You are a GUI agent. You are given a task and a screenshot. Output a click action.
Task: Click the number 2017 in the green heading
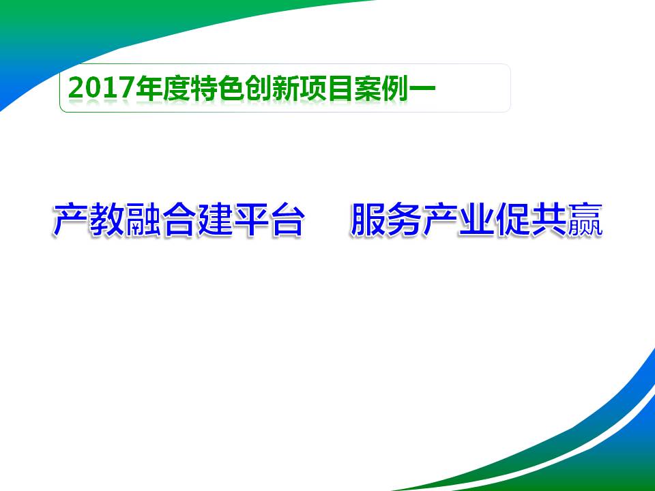(x=102, y=88)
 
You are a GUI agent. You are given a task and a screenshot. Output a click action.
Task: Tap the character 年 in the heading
(x=149, y=88)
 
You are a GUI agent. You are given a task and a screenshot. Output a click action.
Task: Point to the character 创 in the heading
(x=259, y=88)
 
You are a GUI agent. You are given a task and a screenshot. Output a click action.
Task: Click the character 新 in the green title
(x=286, y=88)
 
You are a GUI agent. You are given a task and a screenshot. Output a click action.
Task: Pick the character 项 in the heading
(x=313, y=88)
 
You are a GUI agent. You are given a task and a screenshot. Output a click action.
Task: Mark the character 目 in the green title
(x=340, y=88)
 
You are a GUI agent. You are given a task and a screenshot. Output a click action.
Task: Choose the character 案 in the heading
(x=368, y=88)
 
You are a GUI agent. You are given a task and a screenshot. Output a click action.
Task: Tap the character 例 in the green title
(x=395, y=88)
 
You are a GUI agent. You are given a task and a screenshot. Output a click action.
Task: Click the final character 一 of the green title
(x=422, y=88)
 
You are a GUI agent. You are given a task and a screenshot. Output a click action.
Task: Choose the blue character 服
(x=368, y=220)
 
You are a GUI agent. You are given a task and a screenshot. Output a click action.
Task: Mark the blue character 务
(x=403, y=220)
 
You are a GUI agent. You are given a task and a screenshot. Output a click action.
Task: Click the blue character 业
(x=476, y=220)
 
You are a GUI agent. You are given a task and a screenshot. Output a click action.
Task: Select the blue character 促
(x=512, y=220)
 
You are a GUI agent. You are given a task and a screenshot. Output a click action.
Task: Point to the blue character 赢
(x=585, y=220)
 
